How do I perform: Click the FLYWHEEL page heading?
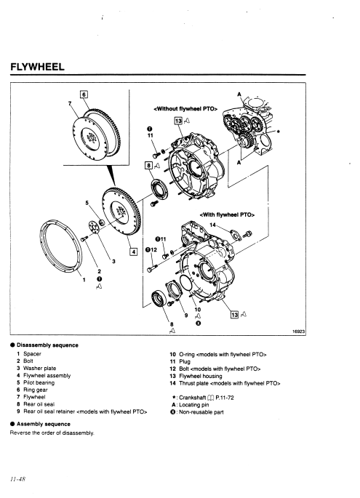[38, 67]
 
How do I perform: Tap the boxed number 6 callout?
[84, 95]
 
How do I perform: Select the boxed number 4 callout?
[134, 252]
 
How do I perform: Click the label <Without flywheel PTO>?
[185, 109]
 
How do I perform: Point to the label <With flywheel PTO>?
[227, 214]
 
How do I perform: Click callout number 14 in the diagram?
[212, 225]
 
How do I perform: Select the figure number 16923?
[299, 332]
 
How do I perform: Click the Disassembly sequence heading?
[47, 345]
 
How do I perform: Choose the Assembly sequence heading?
[44, 424]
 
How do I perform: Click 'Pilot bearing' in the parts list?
[39, 382]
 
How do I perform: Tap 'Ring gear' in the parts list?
[35, 390]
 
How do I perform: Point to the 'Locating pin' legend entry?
[194, 405]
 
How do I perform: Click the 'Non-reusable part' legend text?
[201, 412]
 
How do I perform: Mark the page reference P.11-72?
[225, 398]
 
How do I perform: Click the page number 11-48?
[17, 479]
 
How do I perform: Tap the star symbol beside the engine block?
[279, 132]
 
